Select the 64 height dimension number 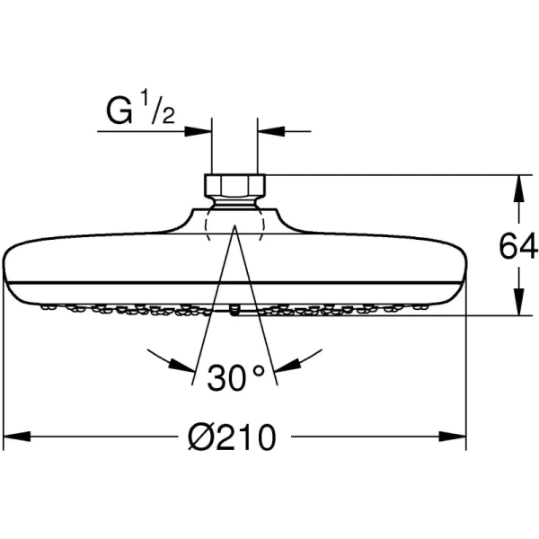[x=519, y=244]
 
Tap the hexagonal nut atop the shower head [x=234, y=185]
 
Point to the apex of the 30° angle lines [x=234, y=228]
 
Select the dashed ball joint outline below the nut [x=234, y=219]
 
